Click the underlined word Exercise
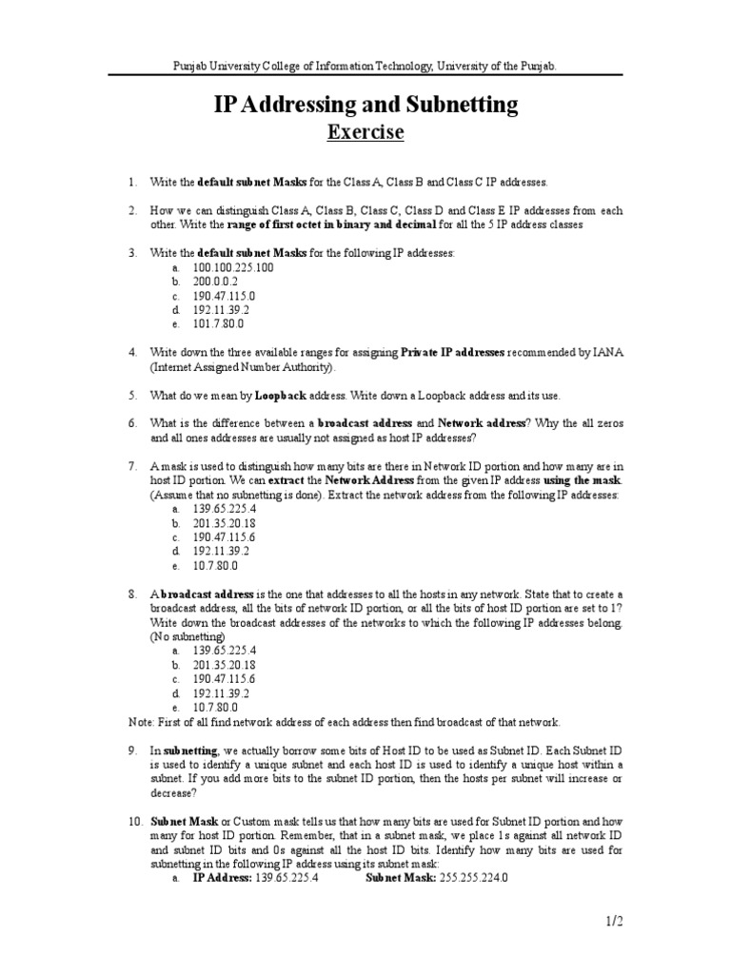click(x=365, y=132)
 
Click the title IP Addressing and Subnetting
click(x=365, y=104)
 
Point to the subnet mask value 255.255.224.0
click(x=474, y=878)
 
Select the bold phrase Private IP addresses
click(x=452, y=352)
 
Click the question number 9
click(x=133, y=751)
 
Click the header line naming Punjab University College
click(x=365, y=66)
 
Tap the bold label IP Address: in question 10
click(x=221, y=878)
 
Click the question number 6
click(x=133, y=422)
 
